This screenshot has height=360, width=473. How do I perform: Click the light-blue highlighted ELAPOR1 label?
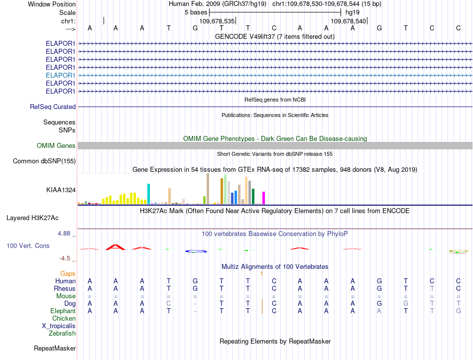pos(60,76)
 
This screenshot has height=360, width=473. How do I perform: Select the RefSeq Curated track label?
pos(53,107)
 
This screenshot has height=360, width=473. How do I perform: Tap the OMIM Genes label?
pos(56,146)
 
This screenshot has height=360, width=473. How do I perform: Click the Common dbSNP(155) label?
pos(44,161)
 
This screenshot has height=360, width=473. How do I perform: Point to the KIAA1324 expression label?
pos(61,190)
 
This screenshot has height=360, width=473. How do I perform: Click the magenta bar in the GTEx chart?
pos(264,198)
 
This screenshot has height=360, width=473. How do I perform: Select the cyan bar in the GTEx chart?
pos(148,194)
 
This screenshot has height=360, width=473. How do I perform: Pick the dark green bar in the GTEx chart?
pos(253,197)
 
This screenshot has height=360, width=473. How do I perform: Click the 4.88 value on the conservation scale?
pos(64,234)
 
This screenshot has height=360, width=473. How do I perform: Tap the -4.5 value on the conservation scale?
pos(65,258)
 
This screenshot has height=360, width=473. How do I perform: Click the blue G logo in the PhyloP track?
pos(196,251)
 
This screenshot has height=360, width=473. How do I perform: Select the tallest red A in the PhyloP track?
pos(115,247)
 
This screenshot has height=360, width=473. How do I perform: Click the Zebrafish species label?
pos(62,334)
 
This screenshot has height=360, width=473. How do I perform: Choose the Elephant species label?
pos(63,311)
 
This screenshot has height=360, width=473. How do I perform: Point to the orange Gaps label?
pos(68,274)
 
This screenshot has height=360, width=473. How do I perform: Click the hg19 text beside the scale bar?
pos(353,12)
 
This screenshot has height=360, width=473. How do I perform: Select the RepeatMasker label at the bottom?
pos(55,349)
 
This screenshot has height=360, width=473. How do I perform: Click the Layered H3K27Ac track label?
pos(32,218)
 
